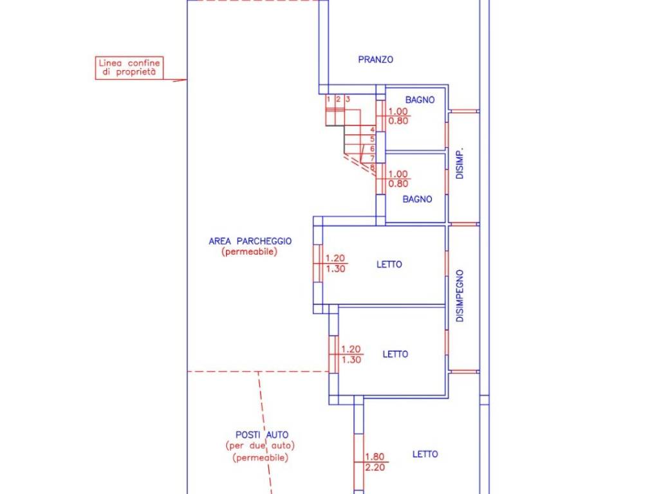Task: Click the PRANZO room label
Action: pos(375,60)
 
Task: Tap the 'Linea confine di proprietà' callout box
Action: pos(129,68)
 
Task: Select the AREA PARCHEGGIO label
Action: pos(250,241)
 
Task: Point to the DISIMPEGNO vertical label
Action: pos(459,295)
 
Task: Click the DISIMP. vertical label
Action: pos(459,164)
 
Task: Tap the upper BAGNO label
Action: pos(420,100)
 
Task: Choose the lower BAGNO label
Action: pos(417,199)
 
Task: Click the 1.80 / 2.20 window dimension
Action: pos(375,462)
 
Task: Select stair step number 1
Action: pos(328,100)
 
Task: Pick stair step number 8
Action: pos(372,168)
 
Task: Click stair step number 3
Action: pos(348,100)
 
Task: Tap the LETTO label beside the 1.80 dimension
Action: pos(425,454)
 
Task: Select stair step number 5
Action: pos(372,139)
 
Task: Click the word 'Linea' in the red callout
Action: pos(109,64)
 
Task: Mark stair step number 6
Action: pos(372,149)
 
